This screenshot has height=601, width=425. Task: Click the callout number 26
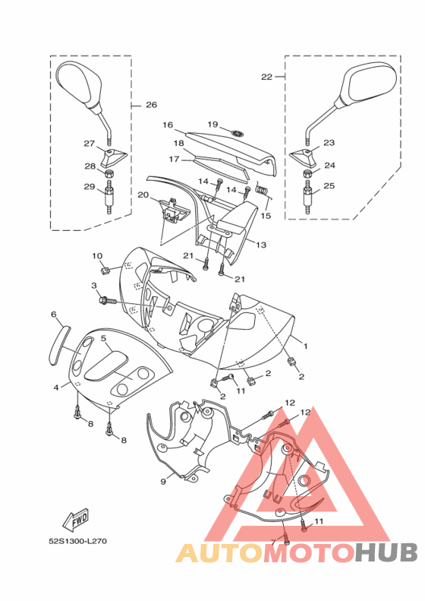tap(152, 105)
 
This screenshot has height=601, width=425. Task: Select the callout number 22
tap(267, 77)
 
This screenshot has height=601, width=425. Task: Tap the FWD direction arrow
tap(76, 520)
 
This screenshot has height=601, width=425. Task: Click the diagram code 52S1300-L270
tap(77, 542)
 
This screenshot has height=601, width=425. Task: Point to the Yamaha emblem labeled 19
tap(238, 134)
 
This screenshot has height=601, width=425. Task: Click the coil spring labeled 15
tap(263, 189)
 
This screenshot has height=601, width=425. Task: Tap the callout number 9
tap(163, 482)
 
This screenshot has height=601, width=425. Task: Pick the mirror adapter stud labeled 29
tap(109, 197)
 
